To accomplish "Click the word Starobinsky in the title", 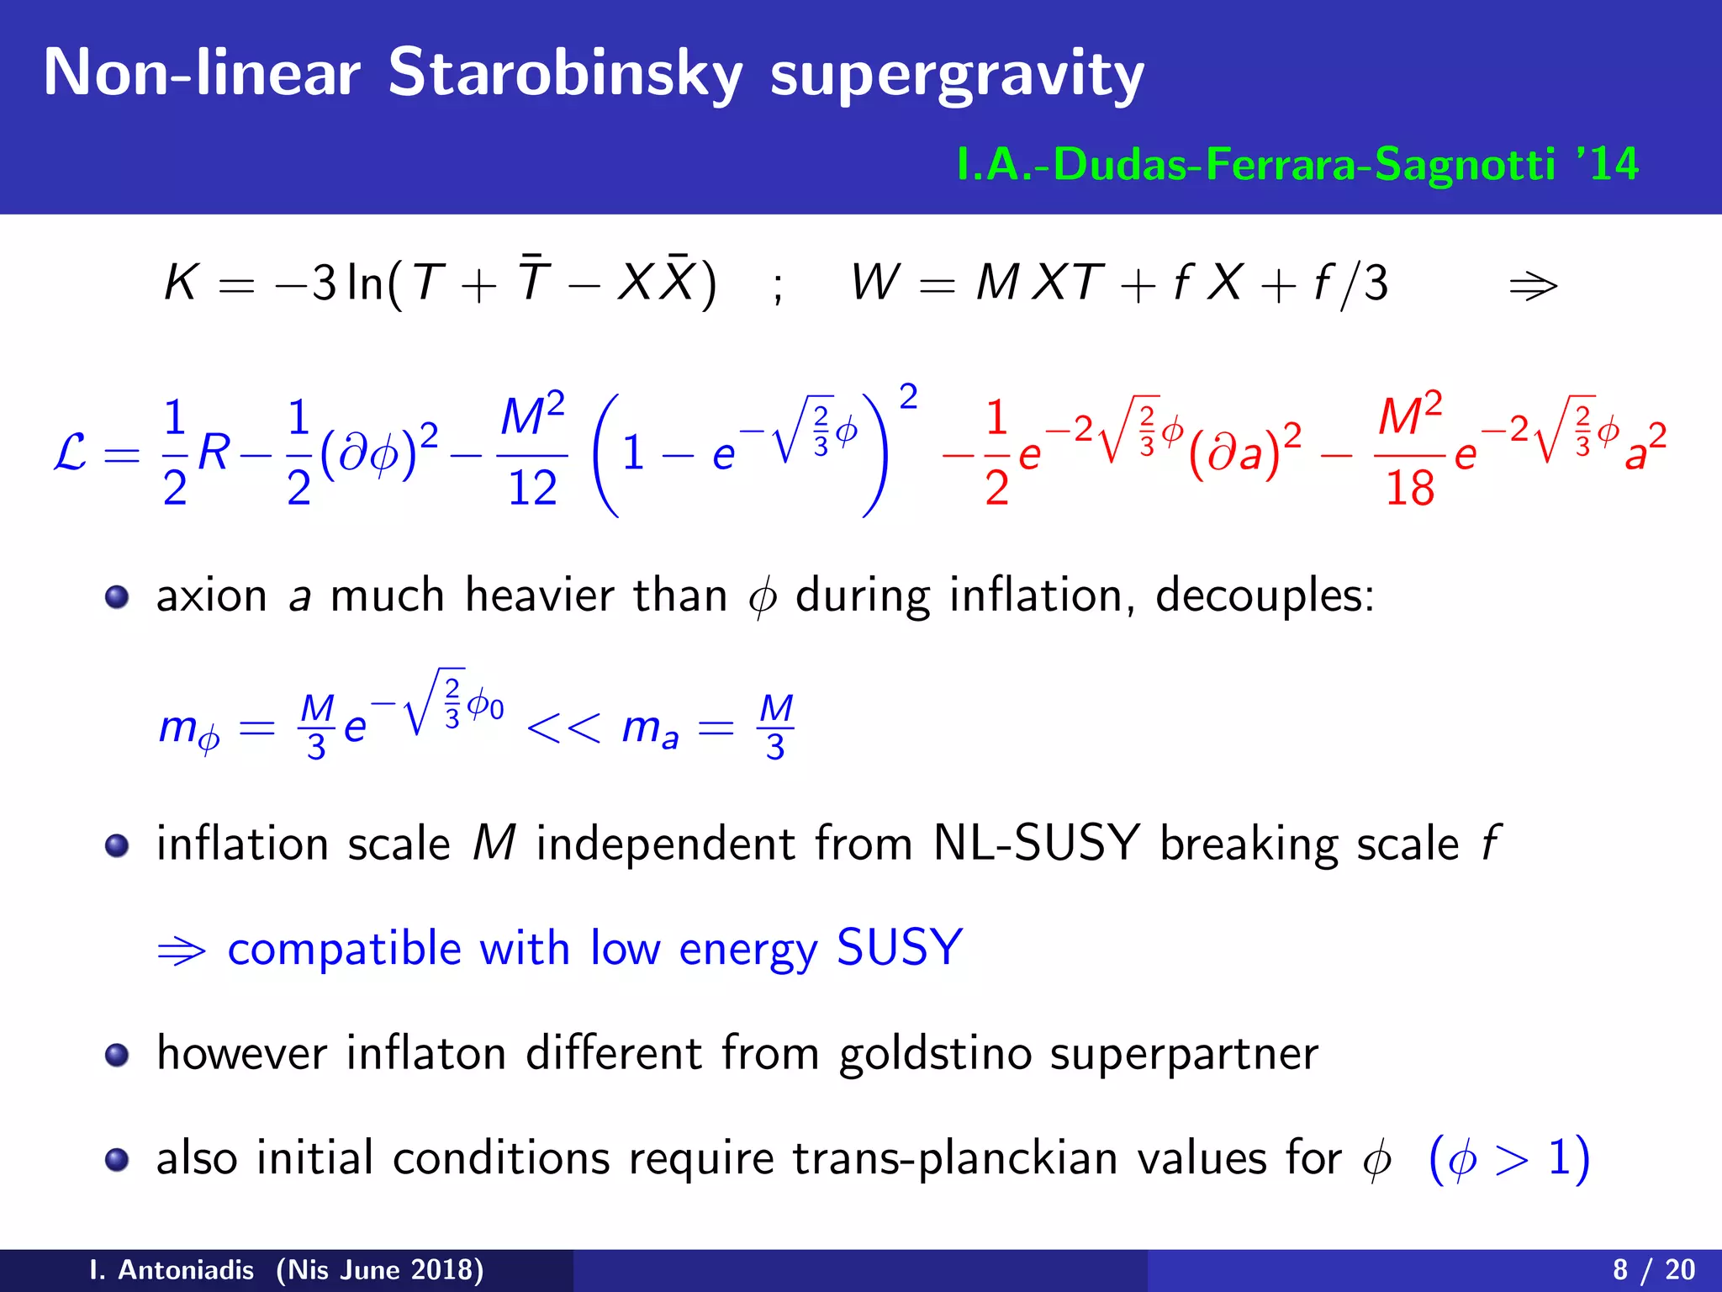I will [x=565, y=74].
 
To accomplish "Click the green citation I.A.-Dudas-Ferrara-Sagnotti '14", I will [x=1297, y=164].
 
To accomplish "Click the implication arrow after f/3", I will [x=1533, y=286].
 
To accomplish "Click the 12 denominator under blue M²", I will [x=532, y=488].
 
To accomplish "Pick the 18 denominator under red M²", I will [x=1409, y=488].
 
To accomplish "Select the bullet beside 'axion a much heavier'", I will [x=117, y=597].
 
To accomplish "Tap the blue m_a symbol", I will [x=649, y=728].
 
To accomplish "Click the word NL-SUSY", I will [x=1036, y=843].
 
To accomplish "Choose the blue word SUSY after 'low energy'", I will [x=899, y=948].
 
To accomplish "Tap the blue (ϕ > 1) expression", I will [x=1508, y=1159].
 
